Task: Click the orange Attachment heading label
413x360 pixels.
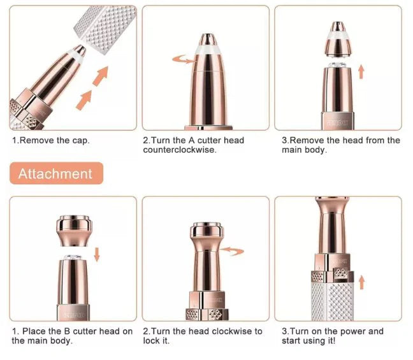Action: (x=55, y=173)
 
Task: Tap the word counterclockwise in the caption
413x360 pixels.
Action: (x=179, y=150)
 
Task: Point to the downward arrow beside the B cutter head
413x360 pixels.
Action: (x=97, y=254)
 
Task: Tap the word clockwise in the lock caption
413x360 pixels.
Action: (x=232, y=331)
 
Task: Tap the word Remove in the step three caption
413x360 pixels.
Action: (x=308, y=140)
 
